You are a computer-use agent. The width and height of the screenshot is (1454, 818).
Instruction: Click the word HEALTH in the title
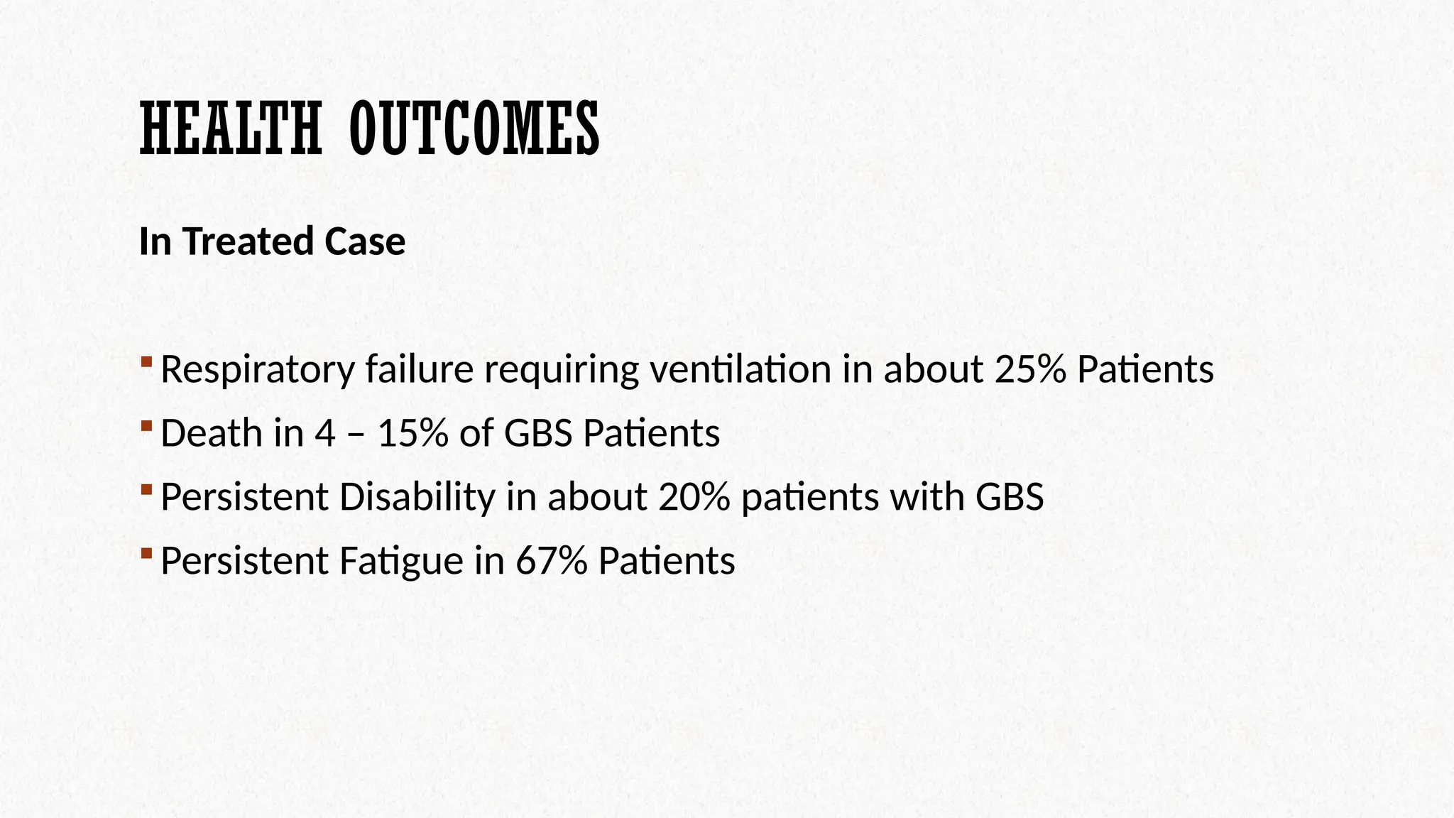(x=231, y=129)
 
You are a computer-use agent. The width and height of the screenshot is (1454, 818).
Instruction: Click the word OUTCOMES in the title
(x=474, y=129)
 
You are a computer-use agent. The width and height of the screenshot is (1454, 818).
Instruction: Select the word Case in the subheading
(x=365, y=241)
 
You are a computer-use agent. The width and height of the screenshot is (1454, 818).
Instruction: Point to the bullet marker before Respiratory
(x=146, y=362)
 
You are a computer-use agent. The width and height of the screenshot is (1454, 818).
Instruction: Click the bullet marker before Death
(x=146, y=426)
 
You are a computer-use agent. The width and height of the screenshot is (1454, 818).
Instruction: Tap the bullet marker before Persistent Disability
(x=146, y=489)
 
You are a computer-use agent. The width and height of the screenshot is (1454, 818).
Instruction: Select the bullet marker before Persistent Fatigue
(x=146, y=553)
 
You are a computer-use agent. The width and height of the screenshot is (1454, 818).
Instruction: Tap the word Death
(x=212, y=433)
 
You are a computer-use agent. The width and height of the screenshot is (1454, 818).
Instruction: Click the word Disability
(x=417, y=497)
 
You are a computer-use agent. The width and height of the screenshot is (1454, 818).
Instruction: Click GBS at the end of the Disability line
(x=1010, y=497)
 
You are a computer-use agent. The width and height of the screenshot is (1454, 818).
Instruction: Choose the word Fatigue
(x=401, y=561)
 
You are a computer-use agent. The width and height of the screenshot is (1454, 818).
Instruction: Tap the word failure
(x=420, y=369)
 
